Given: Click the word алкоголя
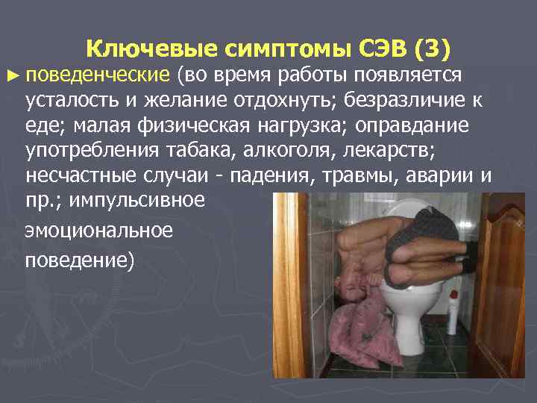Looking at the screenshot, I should tap(291, 151).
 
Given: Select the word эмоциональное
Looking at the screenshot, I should tap(98, 230).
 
